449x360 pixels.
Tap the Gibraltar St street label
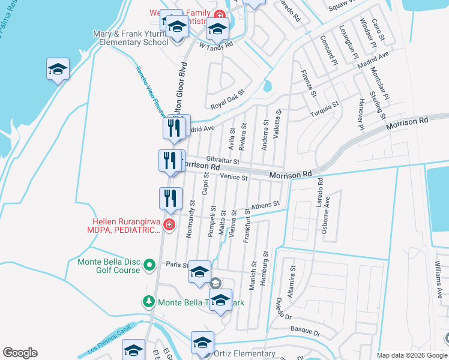[x=223, y=161]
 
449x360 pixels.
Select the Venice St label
[x=234, y=178]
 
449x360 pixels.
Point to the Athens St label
[x=265, y=205]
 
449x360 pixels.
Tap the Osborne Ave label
[x=328, y=211]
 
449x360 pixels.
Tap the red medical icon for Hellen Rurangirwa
[x=169, y=224]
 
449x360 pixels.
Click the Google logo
[x=20, y=353]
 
